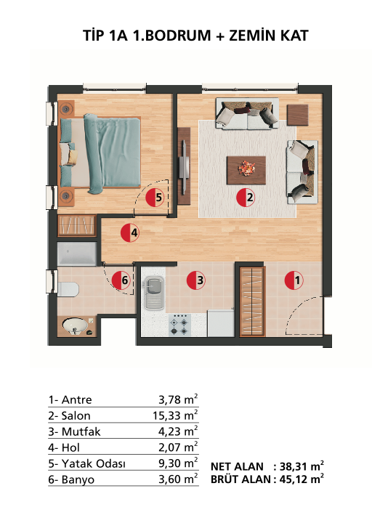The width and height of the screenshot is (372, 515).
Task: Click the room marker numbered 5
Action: coord(155,198)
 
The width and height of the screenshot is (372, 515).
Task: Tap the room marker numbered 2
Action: coord(246,198)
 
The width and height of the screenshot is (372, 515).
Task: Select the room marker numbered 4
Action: coord(130,233)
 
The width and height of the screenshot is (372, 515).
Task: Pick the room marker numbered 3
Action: coord(196,280)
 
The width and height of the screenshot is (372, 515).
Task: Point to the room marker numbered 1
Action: coord(294,280)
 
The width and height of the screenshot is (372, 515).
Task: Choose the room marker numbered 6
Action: coord(121,280)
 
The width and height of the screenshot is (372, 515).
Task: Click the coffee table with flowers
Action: coord(246,170)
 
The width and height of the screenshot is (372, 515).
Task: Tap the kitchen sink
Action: coord(154,293)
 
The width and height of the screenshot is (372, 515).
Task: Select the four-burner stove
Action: coord(179,325)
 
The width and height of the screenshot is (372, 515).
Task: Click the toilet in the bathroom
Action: coord(68,289)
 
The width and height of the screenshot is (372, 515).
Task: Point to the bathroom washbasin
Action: coord(76,326)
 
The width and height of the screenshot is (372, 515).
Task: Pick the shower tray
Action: coord(77,254)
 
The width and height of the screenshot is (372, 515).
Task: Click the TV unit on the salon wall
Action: coord(184,166)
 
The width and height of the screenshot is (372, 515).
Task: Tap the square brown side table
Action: coord(297,115)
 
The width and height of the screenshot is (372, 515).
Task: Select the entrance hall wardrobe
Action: coord(252,302)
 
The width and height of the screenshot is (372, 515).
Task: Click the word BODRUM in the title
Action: coord(178,36)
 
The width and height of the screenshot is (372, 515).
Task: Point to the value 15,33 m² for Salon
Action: coord(175,415)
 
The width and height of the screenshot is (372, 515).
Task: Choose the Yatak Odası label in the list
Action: coord(93,463)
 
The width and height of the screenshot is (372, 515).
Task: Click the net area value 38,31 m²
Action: coord(302,466)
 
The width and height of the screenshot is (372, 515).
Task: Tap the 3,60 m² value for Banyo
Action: coord(178,479)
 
